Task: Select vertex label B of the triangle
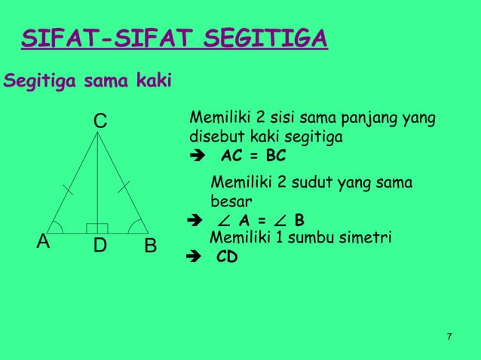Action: pos(150,246)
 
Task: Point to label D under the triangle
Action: pos(100,246)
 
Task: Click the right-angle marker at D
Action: pos(97,227)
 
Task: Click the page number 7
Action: pos(449,336)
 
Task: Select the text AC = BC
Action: pos(253,159)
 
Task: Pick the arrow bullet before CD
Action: pos(191,257)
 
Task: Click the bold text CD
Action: pos(227,256)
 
